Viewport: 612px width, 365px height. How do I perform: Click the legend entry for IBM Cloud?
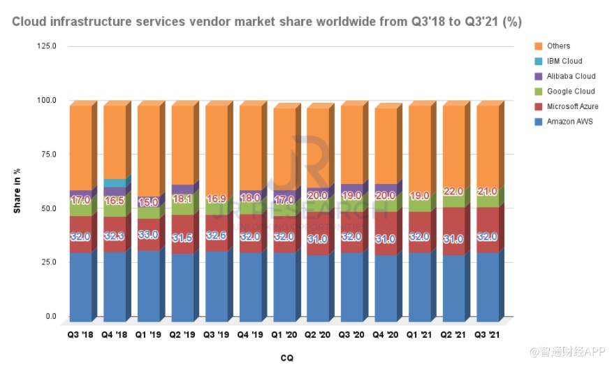564,62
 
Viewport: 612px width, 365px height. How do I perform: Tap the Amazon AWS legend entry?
568,121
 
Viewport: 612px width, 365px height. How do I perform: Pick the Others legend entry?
558,46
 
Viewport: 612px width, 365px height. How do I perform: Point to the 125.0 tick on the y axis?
46,46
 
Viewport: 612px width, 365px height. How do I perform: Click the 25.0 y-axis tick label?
48,262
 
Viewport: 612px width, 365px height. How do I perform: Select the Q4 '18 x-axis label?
115,335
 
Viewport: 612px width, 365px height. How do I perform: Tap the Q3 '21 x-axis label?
488,335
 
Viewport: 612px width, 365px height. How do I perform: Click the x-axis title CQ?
287,357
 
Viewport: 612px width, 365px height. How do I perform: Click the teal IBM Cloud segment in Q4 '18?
115,183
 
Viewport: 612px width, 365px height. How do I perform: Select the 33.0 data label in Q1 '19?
148,235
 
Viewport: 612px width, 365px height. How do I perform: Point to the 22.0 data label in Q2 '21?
453,191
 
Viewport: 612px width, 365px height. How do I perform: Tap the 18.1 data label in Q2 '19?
182,199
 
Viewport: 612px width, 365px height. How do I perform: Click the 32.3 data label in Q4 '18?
115,236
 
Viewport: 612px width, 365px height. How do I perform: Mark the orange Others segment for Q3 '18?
80,147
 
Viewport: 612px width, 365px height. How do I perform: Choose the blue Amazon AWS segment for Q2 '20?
318,287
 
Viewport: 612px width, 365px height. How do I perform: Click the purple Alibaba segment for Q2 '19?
182,189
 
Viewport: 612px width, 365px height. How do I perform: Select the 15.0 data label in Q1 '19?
148,202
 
